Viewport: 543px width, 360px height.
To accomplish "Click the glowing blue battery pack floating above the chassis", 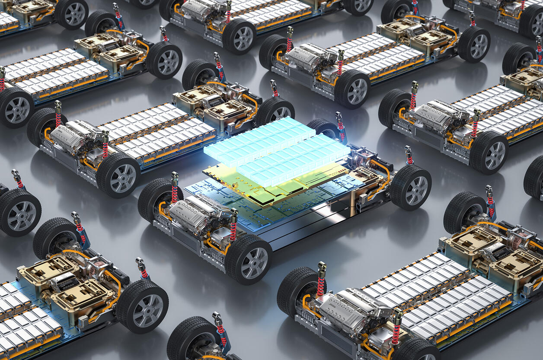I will pyautogui.click(x=277, y=149).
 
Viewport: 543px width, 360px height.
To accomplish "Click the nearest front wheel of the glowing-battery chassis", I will pyautogui.click(x=249, y=260).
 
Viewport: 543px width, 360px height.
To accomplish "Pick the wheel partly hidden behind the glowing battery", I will pyautogui.click(x=322, y=127).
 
